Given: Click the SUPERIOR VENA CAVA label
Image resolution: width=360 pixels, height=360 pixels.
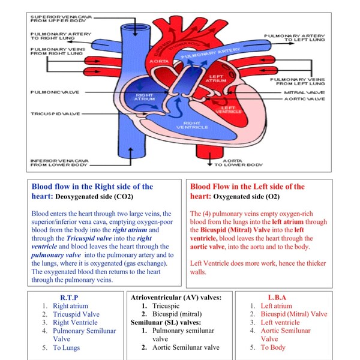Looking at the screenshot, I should click(58, 17).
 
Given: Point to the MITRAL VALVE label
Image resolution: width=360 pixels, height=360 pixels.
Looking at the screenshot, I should click(304, 93).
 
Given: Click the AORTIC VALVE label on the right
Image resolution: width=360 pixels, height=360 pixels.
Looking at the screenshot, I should click(304, 99).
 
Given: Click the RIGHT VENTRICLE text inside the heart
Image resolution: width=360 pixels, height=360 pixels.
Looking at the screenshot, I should click(192, 125).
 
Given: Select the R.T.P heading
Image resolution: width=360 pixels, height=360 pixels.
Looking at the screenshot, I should click(70, 298).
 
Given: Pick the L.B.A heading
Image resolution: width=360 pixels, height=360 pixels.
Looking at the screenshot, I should click(277, 298).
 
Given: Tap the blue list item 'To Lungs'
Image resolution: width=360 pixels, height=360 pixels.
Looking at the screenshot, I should click(66, 347).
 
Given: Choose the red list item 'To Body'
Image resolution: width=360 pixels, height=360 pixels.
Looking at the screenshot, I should click(273, 347).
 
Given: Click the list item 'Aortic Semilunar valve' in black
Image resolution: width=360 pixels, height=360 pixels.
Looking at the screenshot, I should click(185, 347).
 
